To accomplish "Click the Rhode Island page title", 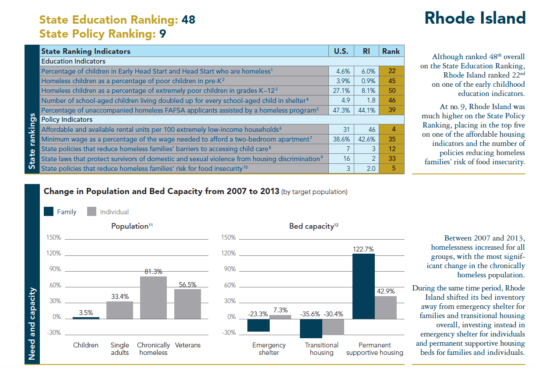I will click(475, 18).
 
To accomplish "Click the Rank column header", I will click(391, 51).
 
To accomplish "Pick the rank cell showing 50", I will click(391, 91).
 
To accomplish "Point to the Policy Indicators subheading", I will click(67, 119).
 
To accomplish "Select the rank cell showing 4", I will click(391, 129).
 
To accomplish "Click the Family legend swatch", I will click(49, 212).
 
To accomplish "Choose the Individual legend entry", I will click(114, 212).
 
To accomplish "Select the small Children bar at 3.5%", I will click(86, 318).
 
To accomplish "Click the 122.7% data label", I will click(363, 249).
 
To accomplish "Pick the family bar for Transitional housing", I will click(311, 329).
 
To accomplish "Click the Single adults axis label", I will click(120, 349).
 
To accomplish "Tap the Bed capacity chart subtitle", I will click(314, 226).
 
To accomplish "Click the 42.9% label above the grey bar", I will click(386, 291).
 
